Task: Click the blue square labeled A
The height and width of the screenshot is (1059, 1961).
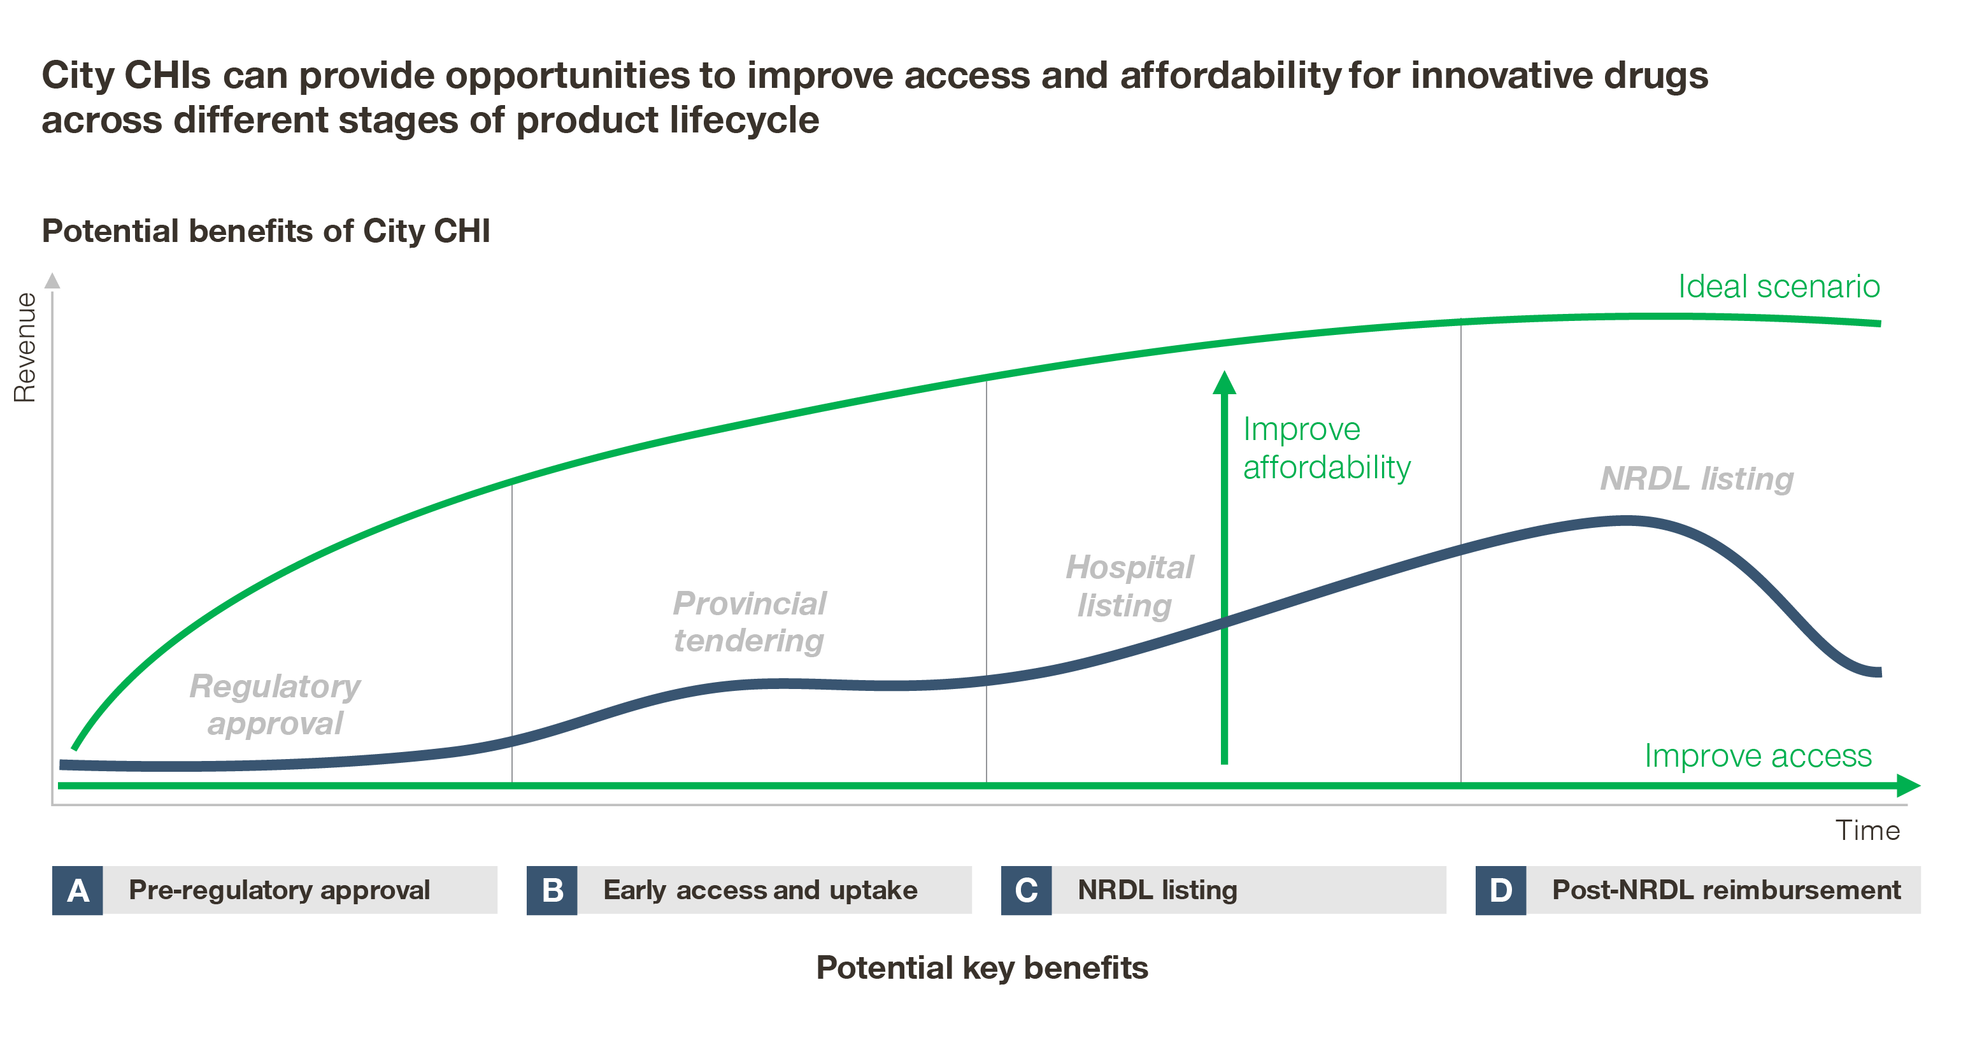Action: tap(77, 890)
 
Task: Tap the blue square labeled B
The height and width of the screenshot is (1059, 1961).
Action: tap(552, 890)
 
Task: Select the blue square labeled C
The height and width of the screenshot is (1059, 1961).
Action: tap(1026, 890)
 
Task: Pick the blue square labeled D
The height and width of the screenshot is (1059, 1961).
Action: tap(1501, 890)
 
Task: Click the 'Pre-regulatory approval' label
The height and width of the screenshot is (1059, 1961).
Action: tap(280, 890)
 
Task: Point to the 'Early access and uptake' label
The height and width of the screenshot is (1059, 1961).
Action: tap(760, 890)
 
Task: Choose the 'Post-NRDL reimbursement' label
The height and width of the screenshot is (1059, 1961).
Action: tap(1727, 890)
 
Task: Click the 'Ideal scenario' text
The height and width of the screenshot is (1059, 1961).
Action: tap(1779, 287)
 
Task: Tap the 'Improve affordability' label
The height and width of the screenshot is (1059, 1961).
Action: tap(1327, 448)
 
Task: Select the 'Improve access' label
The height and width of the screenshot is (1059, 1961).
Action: tap(1758, 756)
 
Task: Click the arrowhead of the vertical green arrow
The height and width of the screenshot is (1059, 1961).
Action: tap(1224, 382)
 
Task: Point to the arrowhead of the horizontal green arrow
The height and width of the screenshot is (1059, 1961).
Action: tap(1909, 786)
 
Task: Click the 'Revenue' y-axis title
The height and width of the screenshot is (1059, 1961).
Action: tap(25, 347)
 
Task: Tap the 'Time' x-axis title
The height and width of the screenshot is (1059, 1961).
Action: tap(1867, 830)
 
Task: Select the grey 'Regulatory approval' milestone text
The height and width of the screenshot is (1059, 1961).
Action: tap(275, 705)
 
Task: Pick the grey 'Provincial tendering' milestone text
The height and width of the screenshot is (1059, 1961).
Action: tap(749, 622)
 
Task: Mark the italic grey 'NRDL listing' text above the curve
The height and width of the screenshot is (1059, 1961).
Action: tap(1697, 479)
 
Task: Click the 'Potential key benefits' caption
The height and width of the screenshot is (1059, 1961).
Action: tap(982, 969)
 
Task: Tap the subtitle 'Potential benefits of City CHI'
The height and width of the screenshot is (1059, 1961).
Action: tap(266, 231)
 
